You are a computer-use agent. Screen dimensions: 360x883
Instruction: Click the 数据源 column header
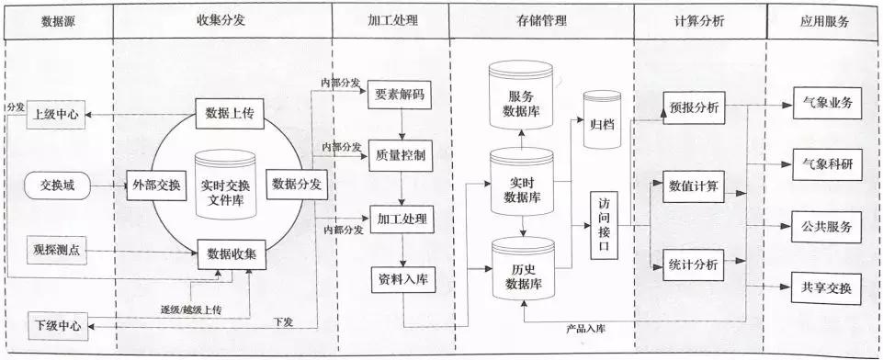click(58, 19)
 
